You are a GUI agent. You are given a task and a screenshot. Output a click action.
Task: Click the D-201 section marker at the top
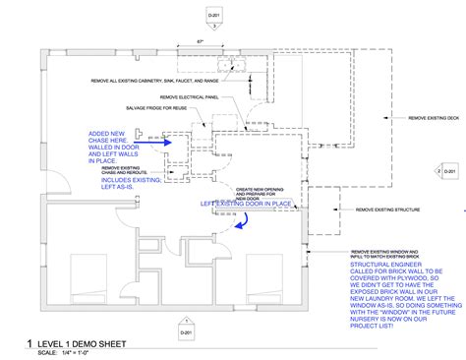pos(212,18)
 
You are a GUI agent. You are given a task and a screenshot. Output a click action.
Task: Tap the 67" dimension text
pos(200,41)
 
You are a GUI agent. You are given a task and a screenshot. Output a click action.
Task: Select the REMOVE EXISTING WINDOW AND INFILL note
pos(391,253)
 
